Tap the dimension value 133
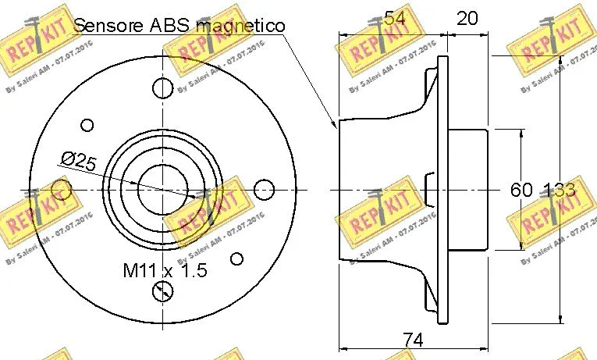pos(560,190)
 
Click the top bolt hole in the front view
pos(163,87)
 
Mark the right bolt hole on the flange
pos(265,189)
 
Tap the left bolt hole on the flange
pos(62,189)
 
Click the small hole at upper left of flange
pos(87,124)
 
